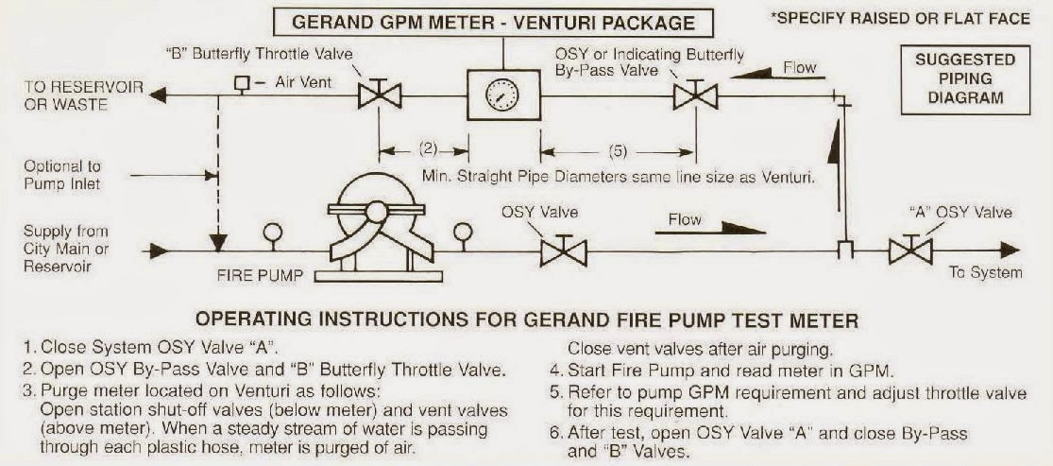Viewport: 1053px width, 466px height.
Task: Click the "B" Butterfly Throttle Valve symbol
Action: pyautogui.click(x=380, y=95)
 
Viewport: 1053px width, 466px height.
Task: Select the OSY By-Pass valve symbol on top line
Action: pyautogui.click(x=695, y=95)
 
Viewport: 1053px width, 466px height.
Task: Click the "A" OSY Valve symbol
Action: pyautogui.click(x=910, y=251)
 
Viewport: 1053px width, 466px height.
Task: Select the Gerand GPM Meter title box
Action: pyautogui.click(x=493, y=22)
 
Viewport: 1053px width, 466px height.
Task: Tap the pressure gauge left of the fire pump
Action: pyautogui.click(x=273, y=232)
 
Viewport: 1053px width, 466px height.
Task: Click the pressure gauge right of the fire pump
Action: pyautogui.click(x=464, y=232)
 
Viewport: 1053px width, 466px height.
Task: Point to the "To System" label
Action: pyautogui.click(x=985, y=272)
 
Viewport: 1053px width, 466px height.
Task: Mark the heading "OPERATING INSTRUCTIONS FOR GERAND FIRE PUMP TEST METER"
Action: pyautogui.click(x=526, y=320)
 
